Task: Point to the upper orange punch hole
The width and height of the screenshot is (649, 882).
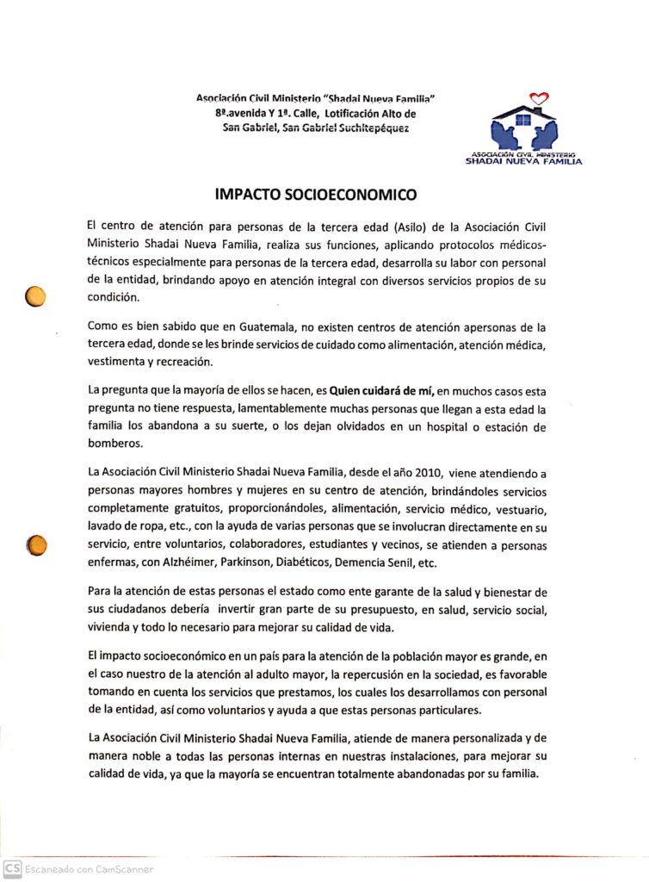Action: pos(35,296)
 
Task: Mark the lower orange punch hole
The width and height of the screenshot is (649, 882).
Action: pos(37,545)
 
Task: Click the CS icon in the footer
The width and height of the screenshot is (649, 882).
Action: pos(12,869)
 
